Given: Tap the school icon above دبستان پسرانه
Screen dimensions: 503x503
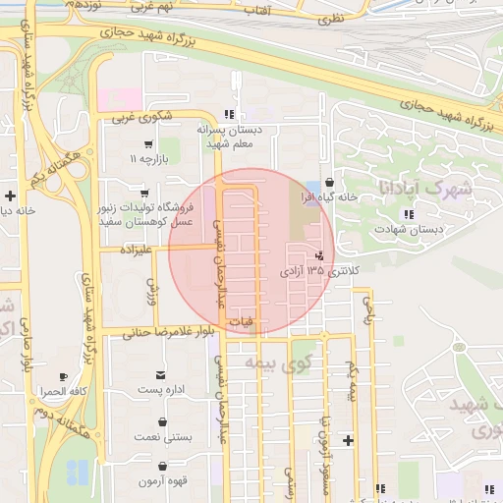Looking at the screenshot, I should pyautogui.click(x=229, y=114).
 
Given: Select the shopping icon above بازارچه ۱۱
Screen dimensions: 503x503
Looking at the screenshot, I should pyautogui.click(x=147, y=144).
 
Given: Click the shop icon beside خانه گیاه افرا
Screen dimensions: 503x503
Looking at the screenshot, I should pyautogui.click(x=328, y=183).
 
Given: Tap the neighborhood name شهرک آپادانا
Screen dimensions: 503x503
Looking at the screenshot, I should pyautogui.click(x=423, y=187).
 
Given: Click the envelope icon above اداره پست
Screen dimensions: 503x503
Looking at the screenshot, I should pyautogui.click(x=160, y=375).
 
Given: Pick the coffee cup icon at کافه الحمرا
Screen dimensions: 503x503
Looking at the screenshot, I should pyautogui.click(x=64, y=376).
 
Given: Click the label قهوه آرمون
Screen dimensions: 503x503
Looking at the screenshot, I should pyautogui.click(x=157, y=481).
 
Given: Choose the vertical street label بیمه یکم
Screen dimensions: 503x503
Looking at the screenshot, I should pyautogui.click(x=351, y=381).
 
